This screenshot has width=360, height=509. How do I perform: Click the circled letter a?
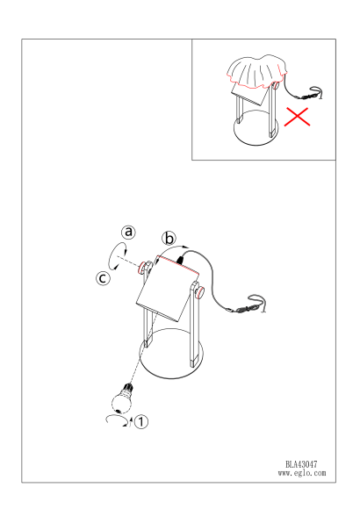pyautogui.click(x=129, y=232)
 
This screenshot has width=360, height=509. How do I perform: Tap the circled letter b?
pyautogui.click(x=169, y=239)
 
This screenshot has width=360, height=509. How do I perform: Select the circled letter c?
pyautogui.click(x=103, y=278)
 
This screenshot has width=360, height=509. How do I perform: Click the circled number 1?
pyautogui.click(x=140, y=421)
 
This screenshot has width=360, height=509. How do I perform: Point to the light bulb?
pyautogui.click(x=123, y=398)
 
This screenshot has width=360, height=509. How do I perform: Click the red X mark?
pyautogui.click(x=297, y=116)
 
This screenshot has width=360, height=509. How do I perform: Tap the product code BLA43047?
pyautogui.click(x=301, y=464)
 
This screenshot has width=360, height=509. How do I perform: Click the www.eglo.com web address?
pyautogui.click(x=302, y=473)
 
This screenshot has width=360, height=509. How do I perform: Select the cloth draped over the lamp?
pyautogui.click(x=256, y=71)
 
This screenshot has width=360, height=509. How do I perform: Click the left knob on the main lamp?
pyautogui.click(x=143, y=267)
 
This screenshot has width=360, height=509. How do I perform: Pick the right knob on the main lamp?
pyautogui.click(x=200, y=292)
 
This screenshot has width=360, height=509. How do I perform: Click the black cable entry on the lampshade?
pyautogui.click(x=180, y=259)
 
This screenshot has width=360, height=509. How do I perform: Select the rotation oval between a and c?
pyautogui.click(x=117, y=256)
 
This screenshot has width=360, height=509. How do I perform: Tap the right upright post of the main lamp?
pyautogui.click(x=194, y=325)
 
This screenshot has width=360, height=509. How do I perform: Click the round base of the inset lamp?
pyautogui.click(x=256, y=127)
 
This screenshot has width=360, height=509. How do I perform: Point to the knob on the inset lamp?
pyautogui.click(x=277, y=86)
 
